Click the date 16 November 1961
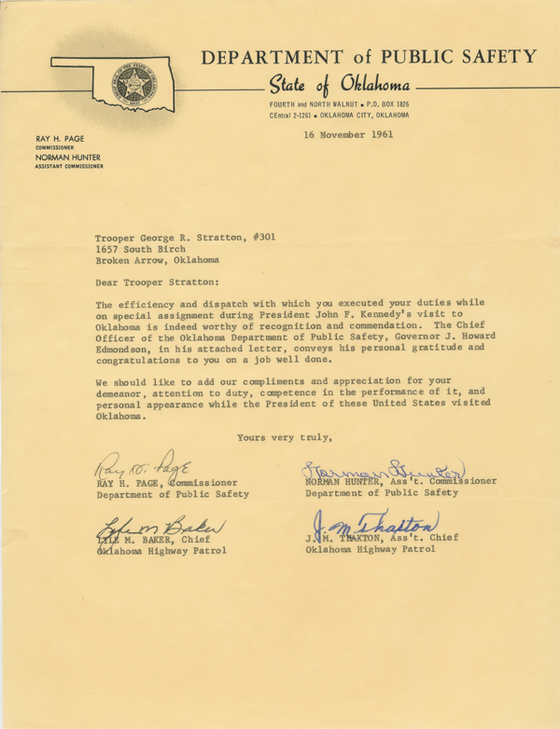[348, 134]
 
